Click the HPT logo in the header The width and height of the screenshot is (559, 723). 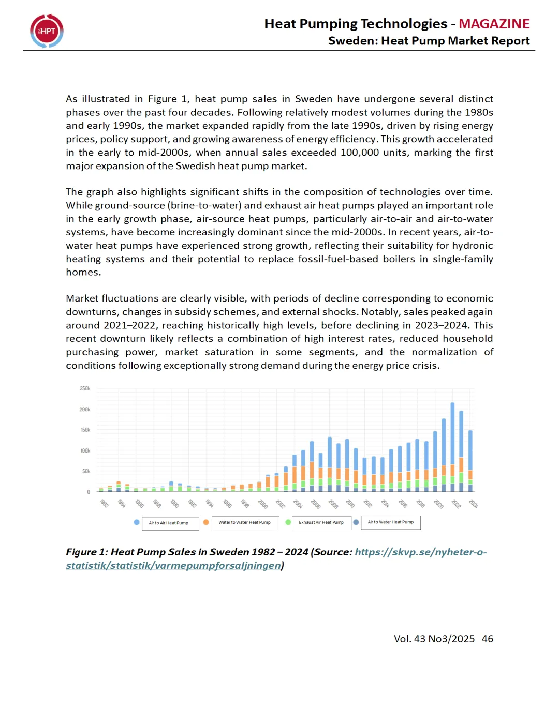(47, 31)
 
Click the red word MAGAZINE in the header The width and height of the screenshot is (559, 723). (494, 24)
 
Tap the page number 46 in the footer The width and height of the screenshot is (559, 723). (487, 639)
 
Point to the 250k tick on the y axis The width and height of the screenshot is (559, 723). (85, 388)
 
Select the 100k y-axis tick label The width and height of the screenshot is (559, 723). (85, 450)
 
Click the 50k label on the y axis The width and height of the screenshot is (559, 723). (86, 471)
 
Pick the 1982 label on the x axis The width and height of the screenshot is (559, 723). (104, 503)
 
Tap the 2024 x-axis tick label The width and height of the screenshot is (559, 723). (473, 503)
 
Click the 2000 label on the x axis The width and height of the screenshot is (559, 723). (262, 503)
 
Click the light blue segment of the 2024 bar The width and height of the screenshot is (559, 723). (470, 450)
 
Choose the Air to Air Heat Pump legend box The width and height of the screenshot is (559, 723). (170, 523)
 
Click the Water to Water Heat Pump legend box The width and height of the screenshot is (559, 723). (245, 523)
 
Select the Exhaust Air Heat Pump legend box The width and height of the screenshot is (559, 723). (321, 523)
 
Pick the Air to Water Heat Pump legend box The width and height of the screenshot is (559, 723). (391, 522)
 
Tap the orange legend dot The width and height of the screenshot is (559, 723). (206, 522)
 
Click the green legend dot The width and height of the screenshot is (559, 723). (288, 522)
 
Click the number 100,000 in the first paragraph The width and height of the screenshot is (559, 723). (359, 153)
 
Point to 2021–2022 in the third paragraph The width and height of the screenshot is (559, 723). (129, 325)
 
